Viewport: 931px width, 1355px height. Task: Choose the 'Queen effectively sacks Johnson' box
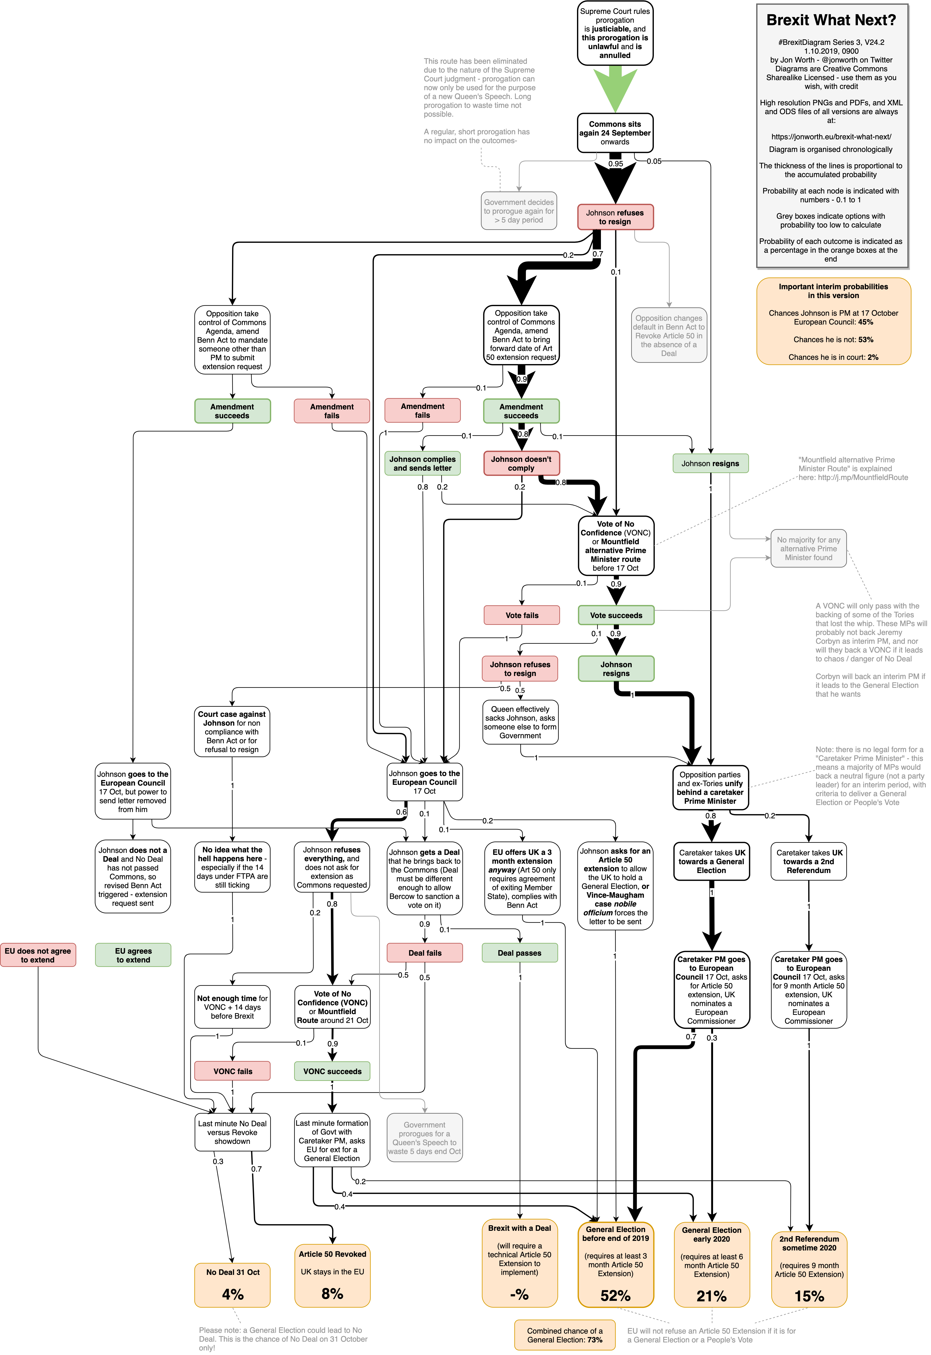tap(520, 722)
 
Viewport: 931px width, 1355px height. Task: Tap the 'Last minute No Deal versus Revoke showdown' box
tap(232, 1132)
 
